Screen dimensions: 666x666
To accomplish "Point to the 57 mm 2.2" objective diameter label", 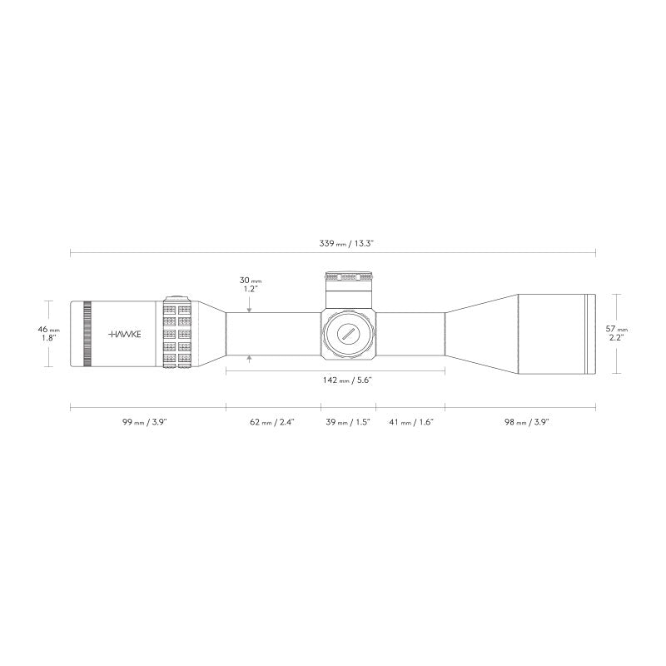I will click(617, 334).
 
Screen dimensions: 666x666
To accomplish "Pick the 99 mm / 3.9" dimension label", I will click(145, 422).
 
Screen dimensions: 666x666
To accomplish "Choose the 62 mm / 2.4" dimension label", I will click(272, 422).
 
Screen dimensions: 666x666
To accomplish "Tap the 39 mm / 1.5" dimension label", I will click(347, 422).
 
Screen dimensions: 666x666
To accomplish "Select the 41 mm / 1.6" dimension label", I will click(411, 422).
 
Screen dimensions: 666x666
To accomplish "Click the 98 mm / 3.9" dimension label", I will click(527, 422).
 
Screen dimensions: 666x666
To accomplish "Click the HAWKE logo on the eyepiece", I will click(126, 333).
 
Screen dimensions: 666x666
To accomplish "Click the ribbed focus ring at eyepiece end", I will click(87, 333).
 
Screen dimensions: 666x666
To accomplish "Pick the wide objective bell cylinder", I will click(551, 334).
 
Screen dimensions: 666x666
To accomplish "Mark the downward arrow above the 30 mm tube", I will click(249, 309).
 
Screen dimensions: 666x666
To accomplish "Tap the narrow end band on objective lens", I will click(591, 334).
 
